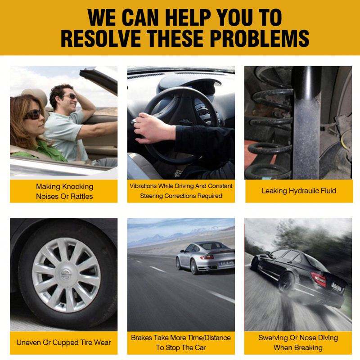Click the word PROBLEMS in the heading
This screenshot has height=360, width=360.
tap(260, 38)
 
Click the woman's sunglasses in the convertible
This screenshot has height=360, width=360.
tap(33, 114)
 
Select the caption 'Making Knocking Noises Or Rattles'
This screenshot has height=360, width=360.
tap(64, 191)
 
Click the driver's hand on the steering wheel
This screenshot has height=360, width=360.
tap(154, 128)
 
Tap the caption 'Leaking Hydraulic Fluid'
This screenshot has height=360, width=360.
tap(299, 190)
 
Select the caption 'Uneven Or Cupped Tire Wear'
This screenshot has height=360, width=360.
tap(63, 342)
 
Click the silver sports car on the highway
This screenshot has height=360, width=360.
tap(205, 257)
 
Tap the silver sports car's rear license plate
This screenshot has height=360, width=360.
tap(226, 263)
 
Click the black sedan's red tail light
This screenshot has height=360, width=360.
tap(318, 279)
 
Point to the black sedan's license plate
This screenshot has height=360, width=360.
tap(337, 288)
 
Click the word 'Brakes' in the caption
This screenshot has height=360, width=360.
tap(141, 338)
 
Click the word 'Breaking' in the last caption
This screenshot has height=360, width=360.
tap(310, 348)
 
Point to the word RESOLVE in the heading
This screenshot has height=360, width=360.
tap(100, 38)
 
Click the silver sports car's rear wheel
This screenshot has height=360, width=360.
tap(194, 267)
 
